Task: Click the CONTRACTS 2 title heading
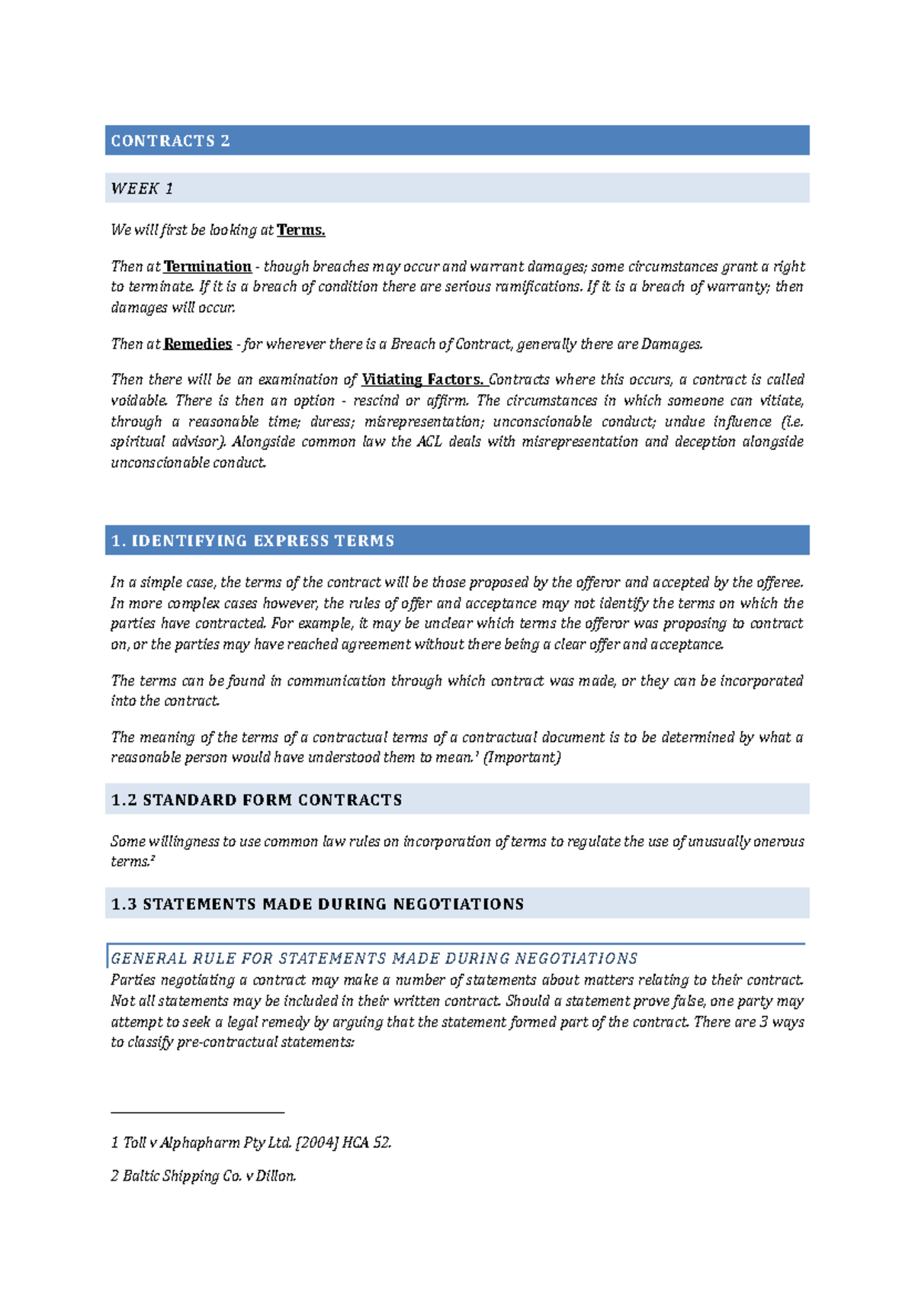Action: point(170,141)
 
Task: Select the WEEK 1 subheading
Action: point(142,188)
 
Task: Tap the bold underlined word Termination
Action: point(207,267)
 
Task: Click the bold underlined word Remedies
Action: point(197,344)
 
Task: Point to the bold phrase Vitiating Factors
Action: point(422,380)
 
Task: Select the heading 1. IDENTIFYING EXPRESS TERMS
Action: point(252,541)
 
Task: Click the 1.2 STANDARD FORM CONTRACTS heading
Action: point(256,800)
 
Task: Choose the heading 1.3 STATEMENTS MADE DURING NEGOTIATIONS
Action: point(317,905)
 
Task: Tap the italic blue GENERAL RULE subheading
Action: point(374,959)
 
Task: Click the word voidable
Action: point(138,401)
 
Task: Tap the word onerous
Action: point(779,842)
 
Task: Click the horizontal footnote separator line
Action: point(197,1113)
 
